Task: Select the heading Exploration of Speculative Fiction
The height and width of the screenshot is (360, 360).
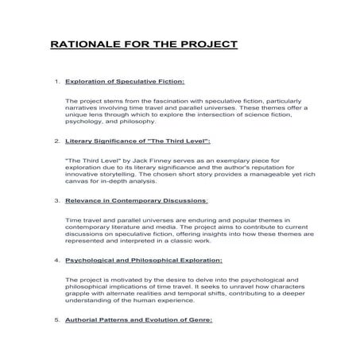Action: (x=125, y=82)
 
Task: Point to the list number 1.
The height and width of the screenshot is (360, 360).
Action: (x=56, y=82)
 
